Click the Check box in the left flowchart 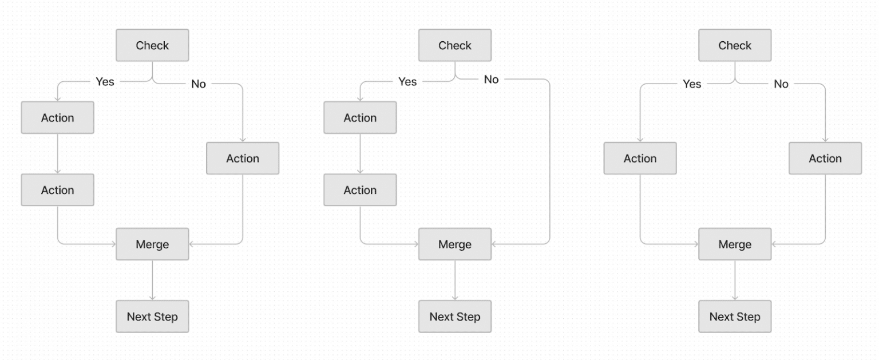pyautogui.click(x=152, y=45)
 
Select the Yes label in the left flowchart pyautogui.click(x=105, y=82)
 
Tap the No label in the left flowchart pyautogui.click(x=199, y=84)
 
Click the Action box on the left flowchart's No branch pyautogui.click(x=243, y=158)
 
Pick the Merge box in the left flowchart pyautogui.click(x=152, y=244)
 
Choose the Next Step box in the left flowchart pyautogui.click(x=152, y=317)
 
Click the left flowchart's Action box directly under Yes pyautogui.click(x=57, y=117)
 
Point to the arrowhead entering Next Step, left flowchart pyautogui.click(x=152, y=298)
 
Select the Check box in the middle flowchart pyautogui.click(x=455, y=45)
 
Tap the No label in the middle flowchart pyautogui.click(x=491, y=80)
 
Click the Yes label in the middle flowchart pyautogui.click(x=407, y=82)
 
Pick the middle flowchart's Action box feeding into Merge pyautogui.click(x=360, y=190)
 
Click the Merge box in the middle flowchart pyautogui.click(x=455, y=244)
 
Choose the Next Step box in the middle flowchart pyautogui.click(x=455, y=317)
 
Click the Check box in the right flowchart pyautogui.click(x=735, y=45)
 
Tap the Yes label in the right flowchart pyautogui.click(x=692, y=84)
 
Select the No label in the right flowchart pyautogui.click(x=781, y=84)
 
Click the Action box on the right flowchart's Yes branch pyautogui.click(x=640, y=158)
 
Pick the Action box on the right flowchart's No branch pyautogui.click(x=825, y=158)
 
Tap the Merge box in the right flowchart pyautogui.click(x=735, y=244)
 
